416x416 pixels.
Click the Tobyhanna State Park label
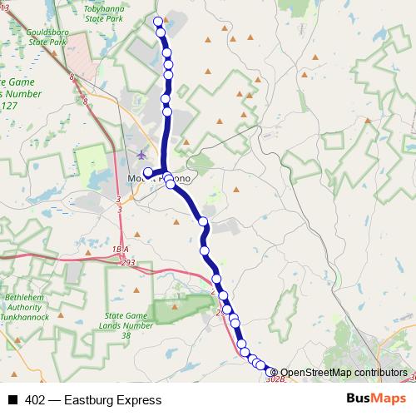tap(103, 12)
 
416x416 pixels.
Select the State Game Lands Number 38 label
tap(126, 325)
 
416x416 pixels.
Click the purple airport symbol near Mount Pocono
tap(141, 154)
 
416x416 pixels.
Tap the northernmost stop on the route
tap(158, 21)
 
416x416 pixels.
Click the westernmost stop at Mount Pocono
tap(148, 173)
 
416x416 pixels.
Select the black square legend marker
tap(12, 400)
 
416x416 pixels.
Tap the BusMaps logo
tap(375, 399)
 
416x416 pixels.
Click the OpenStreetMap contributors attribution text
tap(344, 373)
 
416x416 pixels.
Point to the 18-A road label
tap(121, 250)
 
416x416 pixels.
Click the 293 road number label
tap(127, 262)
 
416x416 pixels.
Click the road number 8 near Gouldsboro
tap(72, 77)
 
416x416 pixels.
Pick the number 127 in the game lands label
tap(9, 106)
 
